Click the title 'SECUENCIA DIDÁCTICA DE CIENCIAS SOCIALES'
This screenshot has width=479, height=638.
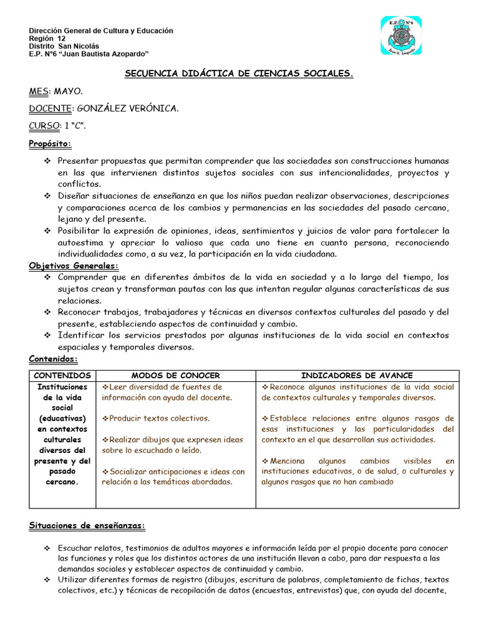(x=239, y=74)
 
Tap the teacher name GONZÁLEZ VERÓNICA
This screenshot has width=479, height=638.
(x=128, y=108)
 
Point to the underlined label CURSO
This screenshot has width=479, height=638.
(x=44, y=126)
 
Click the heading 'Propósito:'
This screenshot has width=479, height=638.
(x=51, y=144)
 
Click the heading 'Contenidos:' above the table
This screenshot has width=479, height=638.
(x=54, y=359)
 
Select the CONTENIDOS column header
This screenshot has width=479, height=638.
(x=62, y=375)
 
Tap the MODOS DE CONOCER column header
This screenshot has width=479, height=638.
(x=175, y=375)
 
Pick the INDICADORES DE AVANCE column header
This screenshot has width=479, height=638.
(x=357, y=375)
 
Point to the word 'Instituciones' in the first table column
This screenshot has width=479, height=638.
(x=62, y=387)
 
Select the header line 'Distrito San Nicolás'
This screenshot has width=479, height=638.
(x=64, y=45)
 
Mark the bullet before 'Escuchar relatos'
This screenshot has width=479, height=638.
(x=47, y=548)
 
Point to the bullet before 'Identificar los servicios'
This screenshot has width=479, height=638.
(x=47, y=335)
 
